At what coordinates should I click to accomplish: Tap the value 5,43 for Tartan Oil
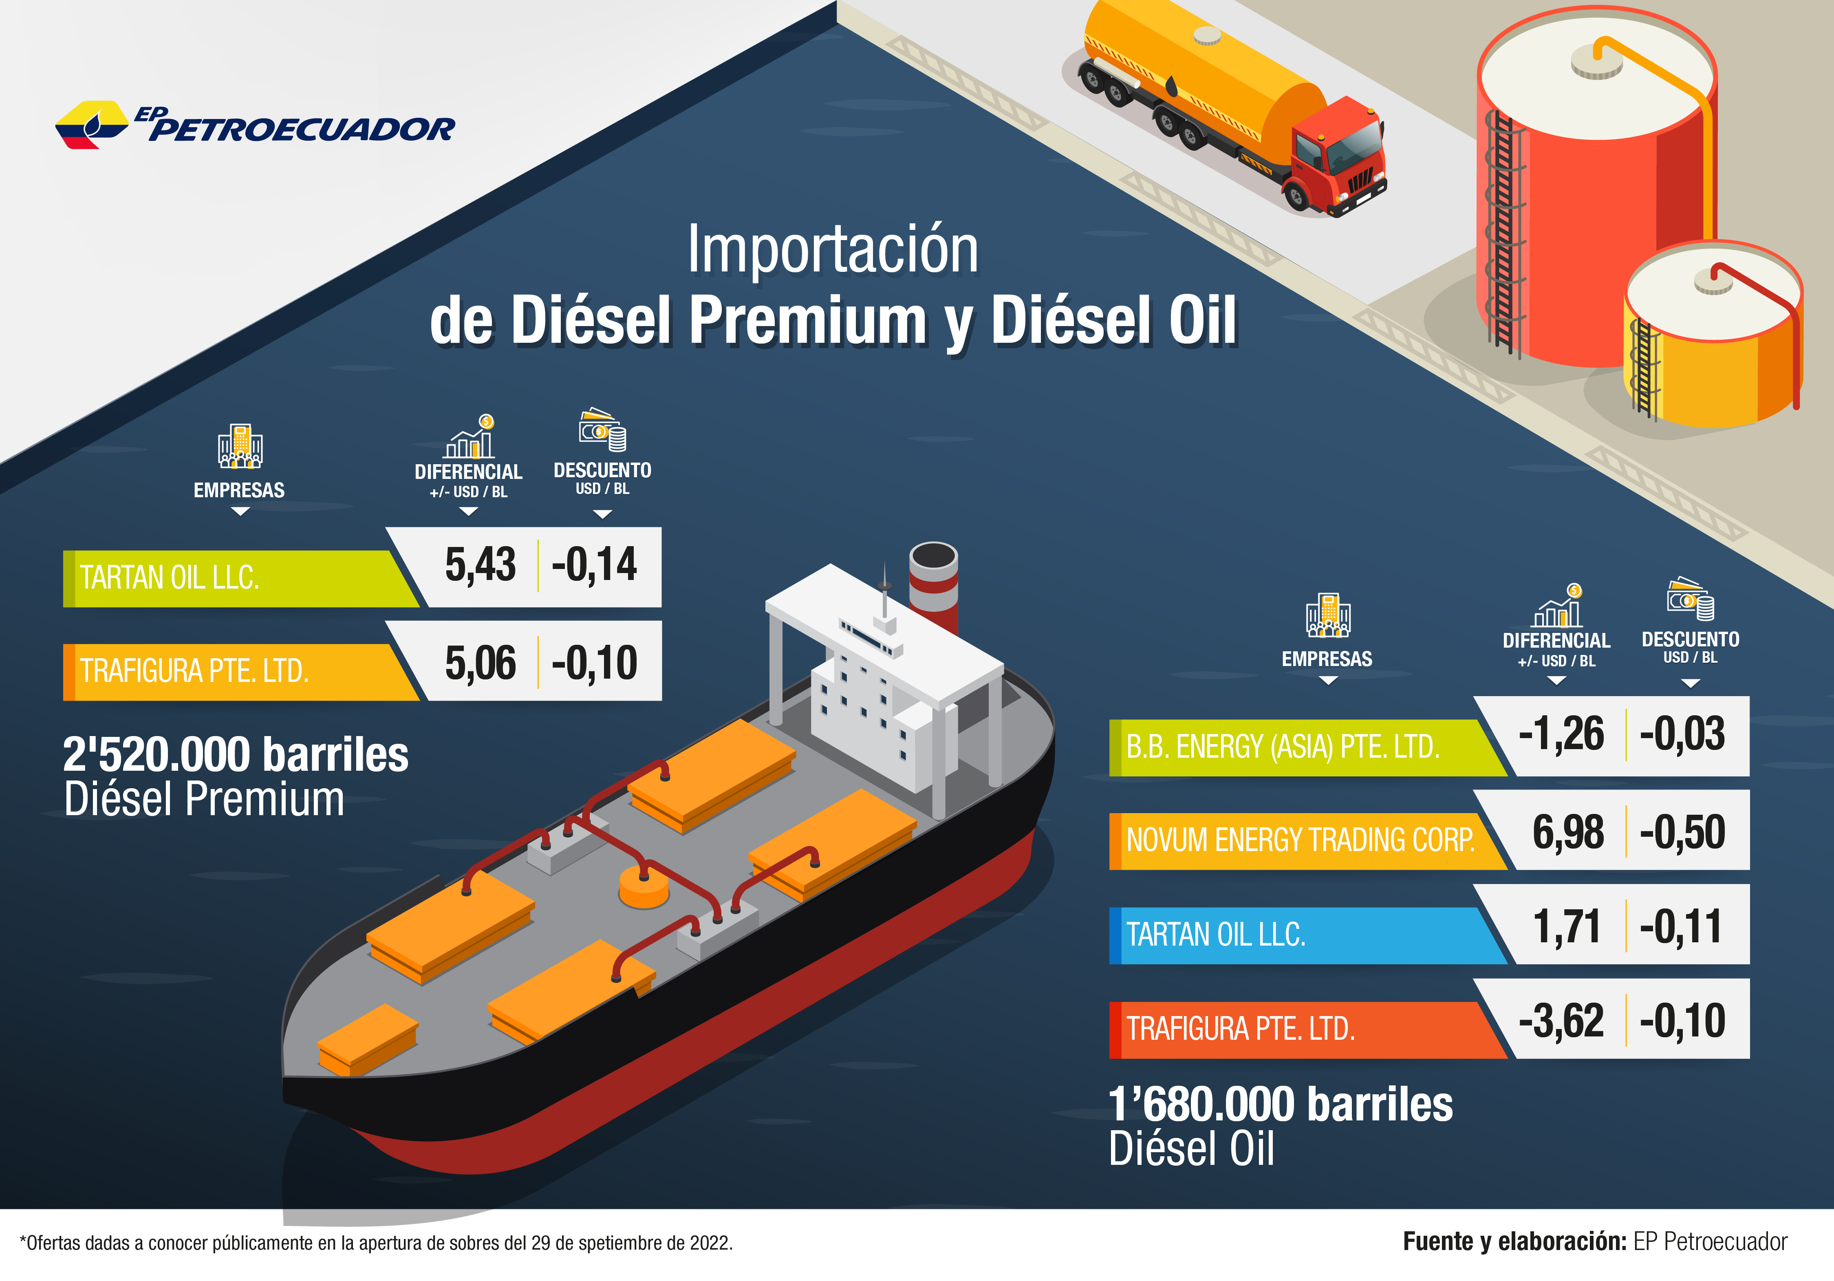[480, 564]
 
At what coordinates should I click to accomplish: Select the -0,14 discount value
[594, 564]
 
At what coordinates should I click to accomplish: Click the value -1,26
[1561, 734]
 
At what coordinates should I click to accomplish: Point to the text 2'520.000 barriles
[236, 755]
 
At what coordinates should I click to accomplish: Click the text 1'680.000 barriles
[1281, 1105]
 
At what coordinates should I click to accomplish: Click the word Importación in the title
[832, 250]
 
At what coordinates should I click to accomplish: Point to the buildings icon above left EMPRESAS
[240, 445]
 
